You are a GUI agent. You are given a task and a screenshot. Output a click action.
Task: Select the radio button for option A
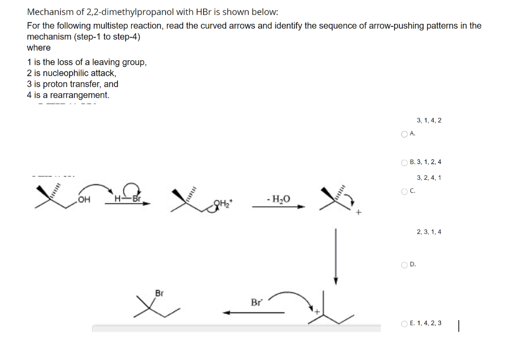pos(404,133)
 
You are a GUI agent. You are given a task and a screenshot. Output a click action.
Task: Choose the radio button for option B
pos(404,162)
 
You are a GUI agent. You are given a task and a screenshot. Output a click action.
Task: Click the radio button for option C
pos(404,190)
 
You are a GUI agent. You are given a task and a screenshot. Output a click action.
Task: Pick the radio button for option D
pos(404,264)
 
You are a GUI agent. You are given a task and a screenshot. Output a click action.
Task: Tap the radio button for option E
pos(404,324)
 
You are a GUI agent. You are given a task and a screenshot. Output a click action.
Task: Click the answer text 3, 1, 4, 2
pos(428,120)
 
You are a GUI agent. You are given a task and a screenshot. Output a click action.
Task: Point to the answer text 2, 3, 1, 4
pos(428,232)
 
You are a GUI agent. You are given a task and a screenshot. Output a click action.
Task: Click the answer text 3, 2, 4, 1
pos(428,178)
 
